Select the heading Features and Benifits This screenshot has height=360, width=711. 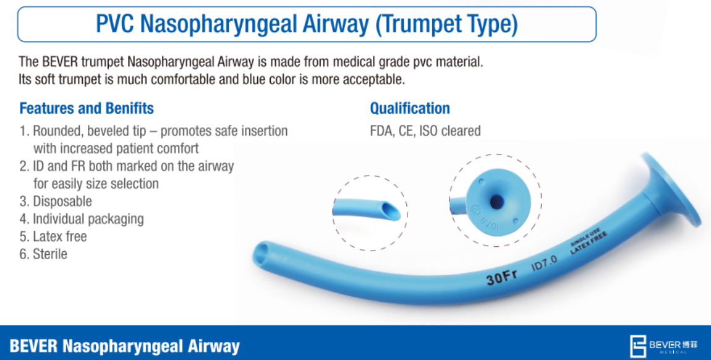[x=87, y=108]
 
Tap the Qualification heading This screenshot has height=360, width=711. [x=410, y=108]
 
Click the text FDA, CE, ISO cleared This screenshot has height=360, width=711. [x=425, y=131]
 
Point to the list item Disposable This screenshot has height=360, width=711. [x=56, y=201]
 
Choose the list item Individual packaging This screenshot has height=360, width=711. [x=82, y=219]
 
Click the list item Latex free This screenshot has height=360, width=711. [x=53, y=236]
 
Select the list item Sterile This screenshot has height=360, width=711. [x=43, y=254]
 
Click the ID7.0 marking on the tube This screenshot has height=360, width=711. [x=544, y=263]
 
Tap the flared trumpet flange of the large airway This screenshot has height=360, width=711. [x=671, y=189]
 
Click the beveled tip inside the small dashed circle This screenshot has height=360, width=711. [x=390, y=211]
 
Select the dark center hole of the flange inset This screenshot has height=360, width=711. [x=496, y=202]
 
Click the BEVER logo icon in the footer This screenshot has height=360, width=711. [x=637, y=346]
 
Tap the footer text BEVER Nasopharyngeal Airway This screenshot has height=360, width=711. [x=125, y=346]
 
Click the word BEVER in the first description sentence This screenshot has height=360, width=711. [x=61, y=62]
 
